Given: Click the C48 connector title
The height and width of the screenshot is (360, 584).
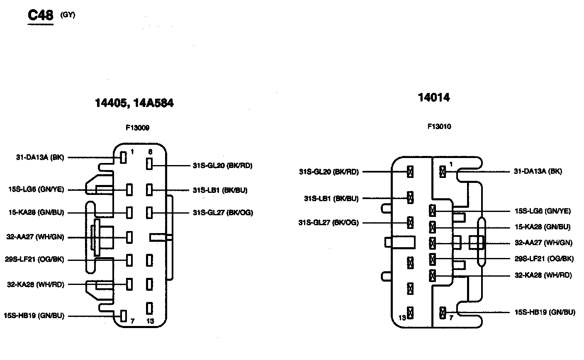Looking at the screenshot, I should click(40, 15).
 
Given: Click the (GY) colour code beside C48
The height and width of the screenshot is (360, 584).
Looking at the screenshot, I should click(68, 15).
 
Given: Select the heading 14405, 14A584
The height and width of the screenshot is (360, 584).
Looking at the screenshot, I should click(134, 103).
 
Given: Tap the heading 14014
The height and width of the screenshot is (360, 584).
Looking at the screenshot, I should click(434, 97).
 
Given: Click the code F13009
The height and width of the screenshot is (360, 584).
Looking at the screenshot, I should click(137, 128).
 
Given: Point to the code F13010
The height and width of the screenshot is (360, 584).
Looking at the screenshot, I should click(439, 126).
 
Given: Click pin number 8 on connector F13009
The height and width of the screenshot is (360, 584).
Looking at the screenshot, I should click(150, 152).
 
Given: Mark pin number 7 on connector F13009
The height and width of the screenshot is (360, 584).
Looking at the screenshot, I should click(132, 321).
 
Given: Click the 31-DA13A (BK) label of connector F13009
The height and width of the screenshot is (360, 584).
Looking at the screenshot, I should click(40, 158).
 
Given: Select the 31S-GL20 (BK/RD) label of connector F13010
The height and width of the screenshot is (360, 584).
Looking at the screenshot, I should click(328, 172).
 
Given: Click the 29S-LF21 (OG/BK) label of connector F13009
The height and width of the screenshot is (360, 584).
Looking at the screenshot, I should click(35, 260).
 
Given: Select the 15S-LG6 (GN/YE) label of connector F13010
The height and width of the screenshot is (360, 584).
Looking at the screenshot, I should click(543, 211).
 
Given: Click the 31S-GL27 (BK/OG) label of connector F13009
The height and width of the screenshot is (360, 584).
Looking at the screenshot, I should click(223, 213).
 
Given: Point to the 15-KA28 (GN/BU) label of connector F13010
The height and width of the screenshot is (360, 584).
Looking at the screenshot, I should click(543, 227).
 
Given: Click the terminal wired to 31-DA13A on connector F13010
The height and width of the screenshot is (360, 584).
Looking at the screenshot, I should click(443, 171).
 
